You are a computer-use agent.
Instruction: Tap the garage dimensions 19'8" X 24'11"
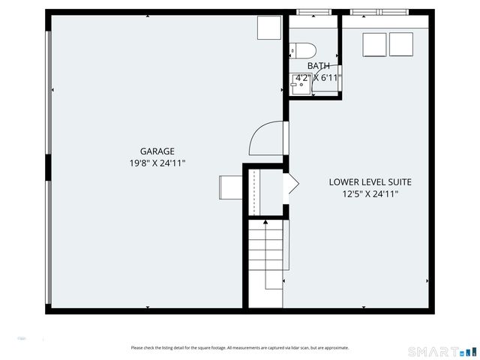point(157,163)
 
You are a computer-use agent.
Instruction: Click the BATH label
point(318,66)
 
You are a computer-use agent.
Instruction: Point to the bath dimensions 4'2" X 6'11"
point(318,77)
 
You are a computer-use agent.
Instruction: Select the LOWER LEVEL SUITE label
point(370,181)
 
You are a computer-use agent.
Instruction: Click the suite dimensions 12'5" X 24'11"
point(370,193)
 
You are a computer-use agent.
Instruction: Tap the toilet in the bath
point(303,50)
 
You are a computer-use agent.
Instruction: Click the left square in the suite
point(374,44)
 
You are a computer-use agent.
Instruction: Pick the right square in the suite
point(400,44)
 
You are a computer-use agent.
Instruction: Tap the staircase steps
point(267,255)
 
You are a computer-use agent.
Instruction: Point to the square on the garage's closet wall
point(230,187)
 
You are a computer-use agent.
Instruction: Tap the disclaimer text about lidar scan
point(239,347)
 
